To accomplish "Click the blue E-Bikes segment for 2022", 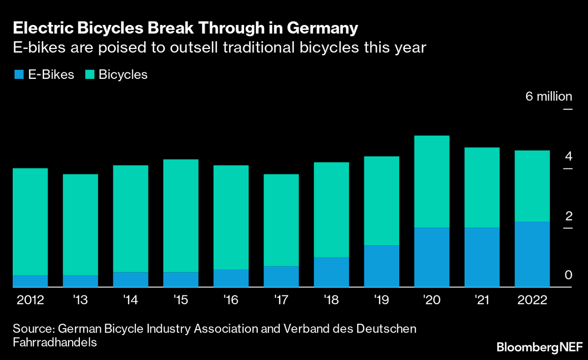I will (532, 254).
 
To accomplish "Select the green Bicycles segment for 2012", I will (30, 221).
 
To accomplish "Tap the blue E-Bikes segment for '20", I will (432, 257).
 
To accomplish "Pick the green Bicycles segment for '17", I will (281, 220).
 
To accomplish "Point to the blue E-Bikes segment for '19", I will (381, 266).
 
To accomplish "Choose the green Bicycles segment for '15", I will (181, 216).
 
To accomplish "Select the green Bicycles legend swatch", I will (90, 75).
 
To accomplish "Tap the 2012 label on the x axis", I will (30, 300).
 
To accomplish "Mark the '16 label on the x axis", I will (231, 300).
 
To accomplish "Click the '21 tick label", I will (482, 300).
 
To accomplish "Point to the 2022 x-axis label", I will (532, 300).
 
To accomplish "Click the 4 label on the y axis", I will (568, 156).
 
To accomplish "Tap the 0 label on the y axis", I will (568, 275).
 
